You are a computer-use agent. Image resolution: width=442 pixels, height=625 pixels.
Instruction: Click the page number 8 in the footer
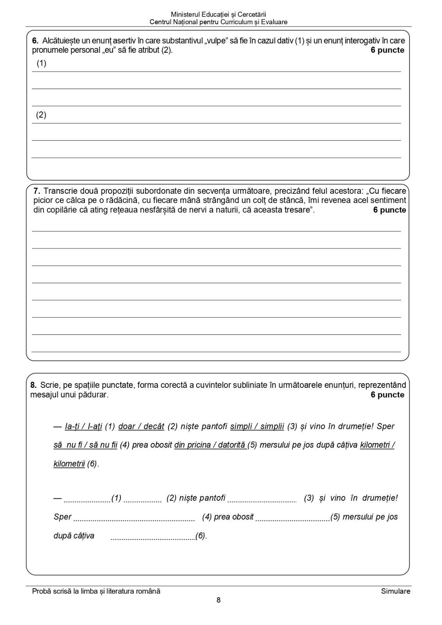(x=218, y=600)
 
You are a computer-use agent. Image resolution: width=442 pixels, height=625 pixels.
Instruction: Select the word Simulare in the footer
(x=395, y=591)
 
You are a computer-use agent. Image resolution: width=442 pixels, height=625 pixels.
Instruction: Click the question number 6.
(x=35, y=41)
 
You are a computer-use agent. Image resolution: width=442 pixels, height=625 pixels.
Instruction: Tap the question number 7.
(x=37, y=191)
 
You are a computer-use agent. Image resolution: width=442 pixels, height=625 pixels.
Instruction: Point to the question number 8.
(x=33, y=385)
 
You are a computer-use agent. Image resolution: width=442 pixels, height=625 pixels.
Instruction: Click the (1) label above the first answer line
(x=41, y=63)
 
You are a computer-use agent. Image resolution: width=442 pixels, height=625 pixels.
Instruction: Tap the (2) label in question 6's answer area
(x=41, y=115)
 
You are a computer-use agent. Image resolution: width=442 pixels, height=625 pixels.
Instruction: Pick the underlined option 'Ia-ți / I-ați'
(x=83, y=426)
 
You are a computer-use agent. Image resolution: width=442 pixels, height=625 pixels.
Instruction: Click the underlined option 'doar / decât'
(x=141, y=426)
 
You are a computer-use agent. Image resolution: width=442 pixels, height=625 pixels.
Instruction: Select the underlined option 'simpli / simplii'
(x=257, y=426)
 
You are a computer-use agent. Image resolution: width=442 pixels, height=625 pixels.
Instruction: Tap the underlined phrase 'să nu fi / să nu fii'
(x=85, y=445)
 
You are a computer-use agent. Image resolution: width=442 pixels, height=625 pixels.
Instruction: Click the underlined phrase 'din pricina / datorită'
(x=210, y=445)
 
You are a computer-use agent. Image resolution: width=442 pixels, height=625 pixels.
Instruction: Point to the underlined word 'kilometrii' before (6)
(x=69, y=464)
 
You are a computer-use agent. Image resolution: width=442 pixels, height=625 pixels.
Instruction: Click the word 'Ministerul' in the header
(x=185, y=14)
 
